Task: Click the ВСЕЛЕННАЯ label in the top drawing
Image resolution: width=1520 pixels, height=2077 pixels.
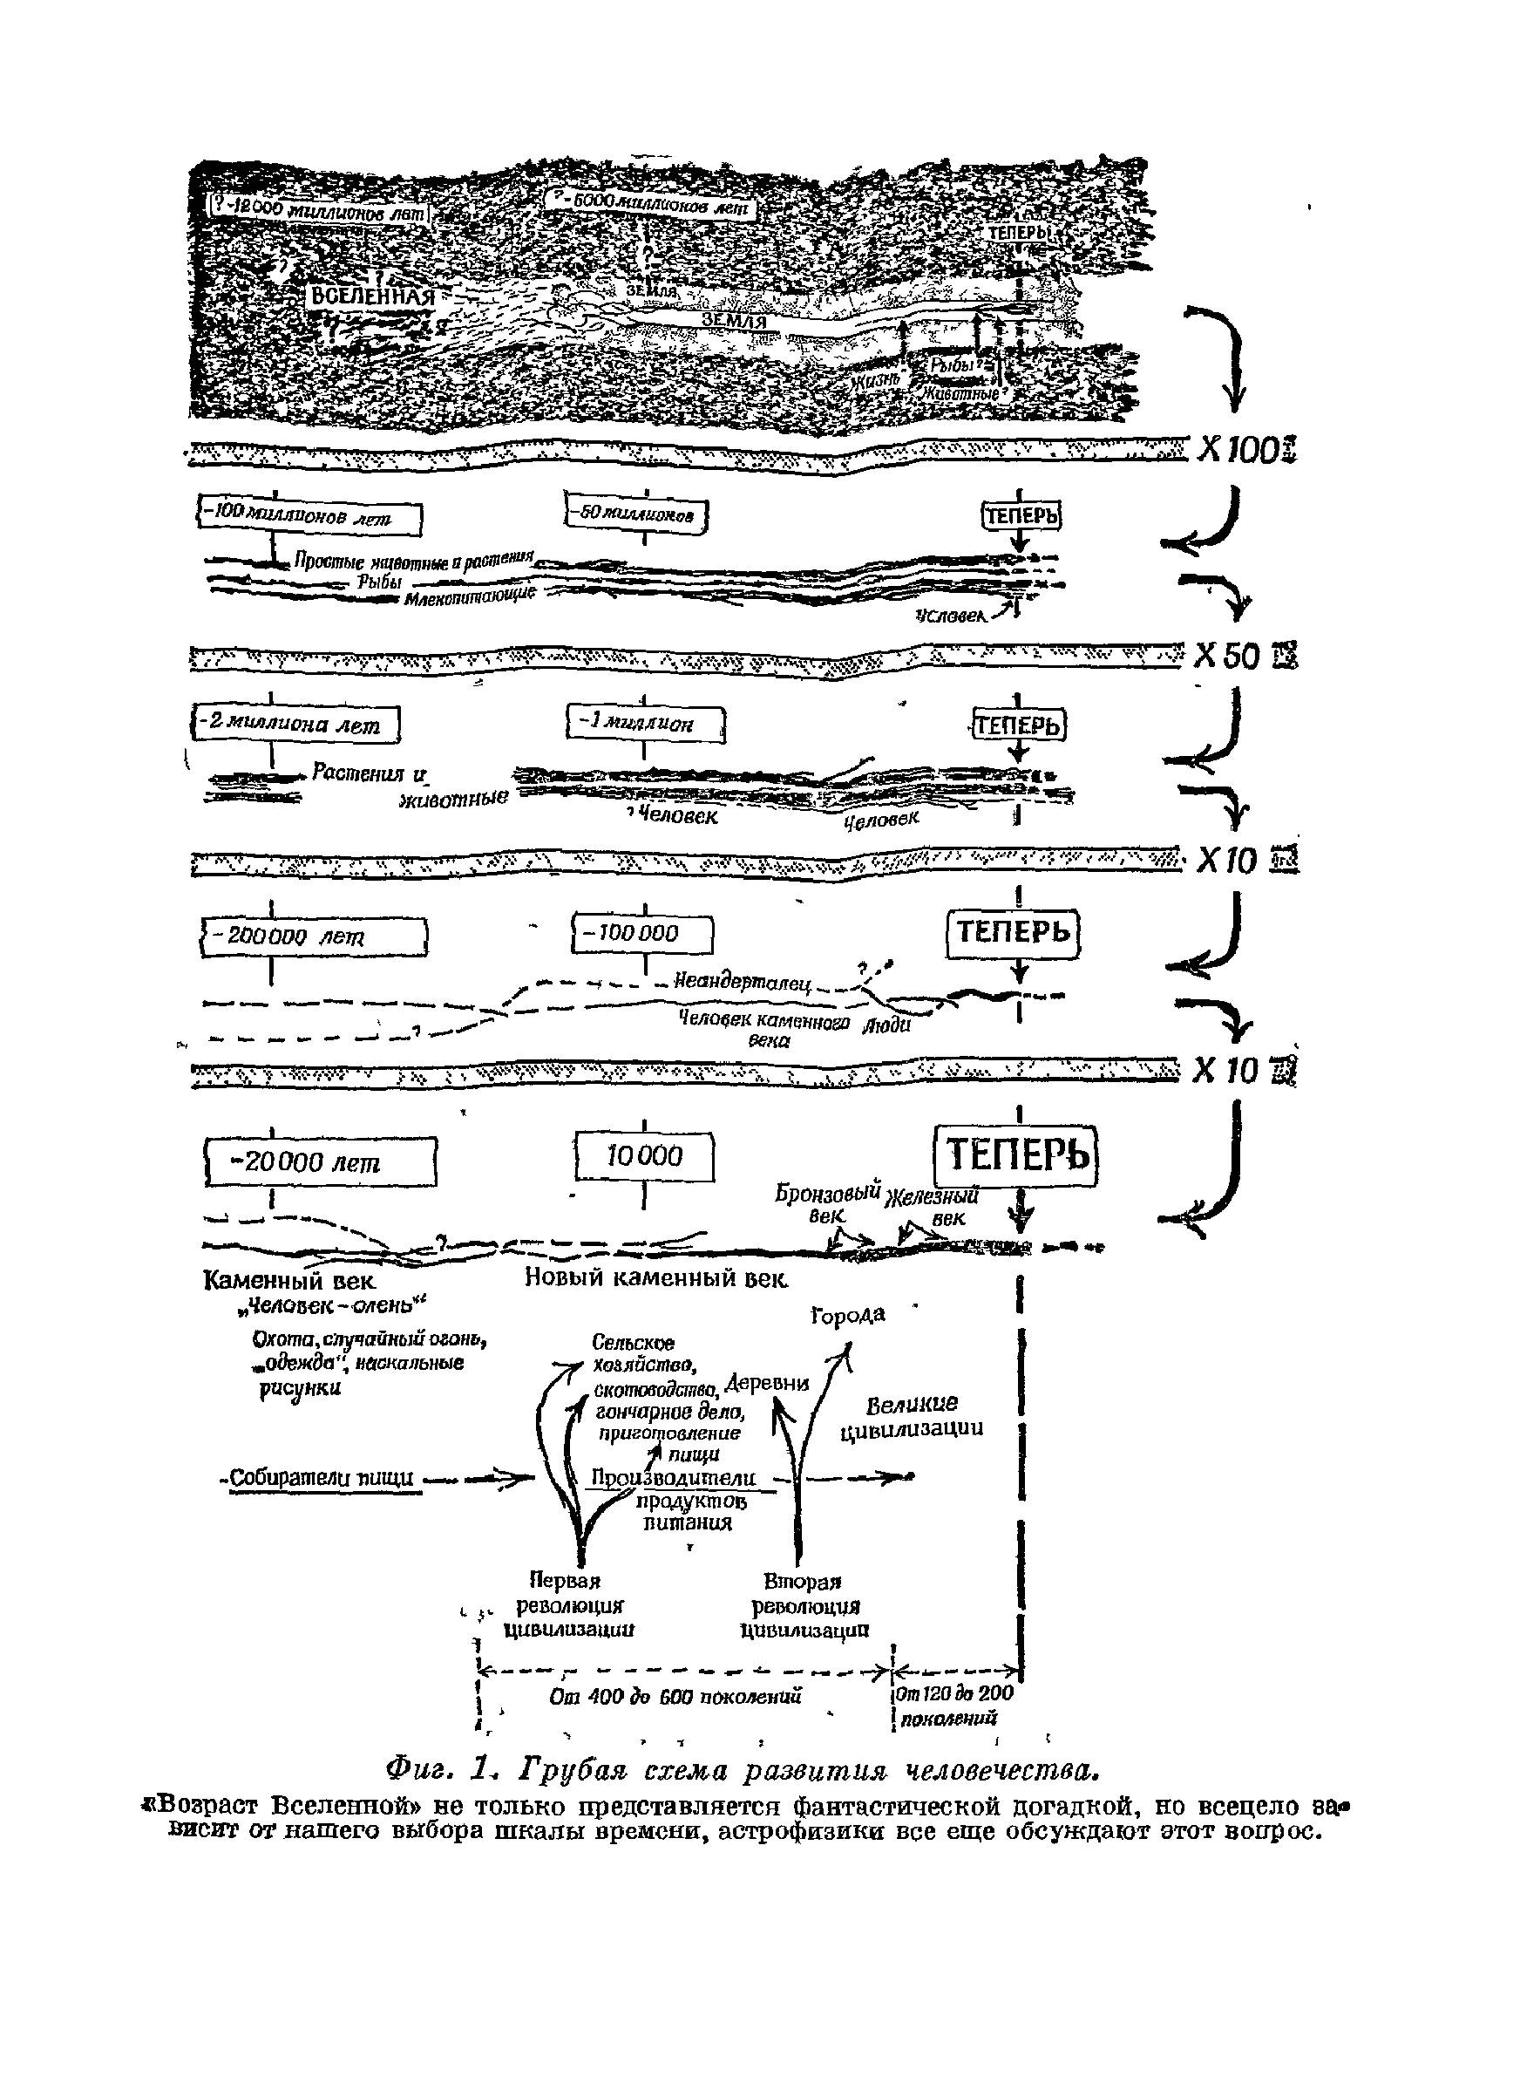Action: (371, 296)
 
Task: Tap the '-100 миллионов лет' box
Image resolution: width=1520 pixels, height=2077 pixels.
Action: (310, 518)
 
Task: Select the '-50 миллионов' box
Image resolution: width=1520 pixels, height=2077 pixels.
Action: (638, 515)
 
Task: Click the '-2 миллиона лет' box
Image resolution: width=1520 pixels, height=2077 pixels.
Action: (295, 725)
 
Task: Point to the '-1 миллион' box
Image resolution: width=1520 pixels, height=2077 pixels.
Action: (646, 725)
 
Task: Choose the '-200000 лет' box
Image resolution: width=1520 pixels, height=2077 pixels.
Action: (314, 936)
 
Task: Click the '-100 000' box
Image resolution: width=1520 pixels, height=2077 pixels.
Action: (642, 933)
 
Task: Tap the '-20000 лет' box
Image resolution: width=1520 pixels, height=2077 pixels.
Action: (319, 1163)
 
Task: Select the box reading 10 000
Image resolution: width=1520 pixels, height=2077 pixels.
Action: (644, 1157)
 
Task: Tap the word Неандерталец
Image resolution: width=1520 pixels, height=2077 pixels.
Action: (742, 983)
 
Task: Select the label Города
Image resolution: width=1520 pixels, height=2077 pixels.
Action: (847, 1315)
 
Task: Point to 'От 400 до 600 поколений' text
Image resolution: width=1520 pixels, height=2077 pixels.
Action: (675, 1696)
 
